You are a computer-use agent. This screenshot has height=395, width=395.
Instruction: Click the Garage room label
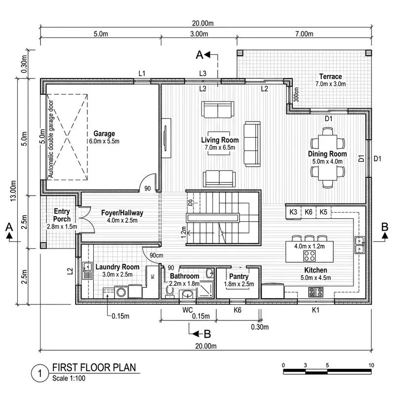click(104, 134)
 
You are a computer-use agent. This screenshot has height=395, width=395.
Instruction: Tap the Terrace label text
click(330, 77)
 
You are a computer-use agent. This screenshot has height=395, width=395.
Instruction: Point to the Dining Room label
click(327, 154)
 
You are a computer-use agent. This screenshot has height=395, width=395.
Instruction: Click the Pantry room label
click(238, 276)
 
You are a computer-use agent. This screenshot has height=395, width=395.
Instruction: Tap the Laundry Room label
click(117, 267)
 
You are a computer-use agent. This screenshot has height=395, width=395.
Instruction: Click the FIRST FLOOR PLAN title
click(93, 368)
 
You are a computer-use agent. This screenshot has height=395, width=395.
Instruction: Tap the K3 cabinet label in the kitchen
click(293, 212)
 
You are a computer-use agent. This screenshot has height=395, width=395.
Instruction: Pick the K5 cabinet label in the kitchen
click(323, 212)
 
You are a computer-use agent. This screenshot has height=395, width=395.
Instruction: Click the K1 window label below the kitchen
click(316, 310)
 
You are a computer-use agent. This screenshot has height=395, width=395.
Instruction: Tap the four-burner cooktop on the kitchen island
click(310, 255)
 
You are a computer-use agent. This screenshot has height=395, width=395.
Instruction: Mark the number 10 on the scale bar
click(371, 365)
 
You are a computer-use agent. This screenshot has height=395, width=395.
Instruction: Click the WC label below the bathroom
click(187, 310)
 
